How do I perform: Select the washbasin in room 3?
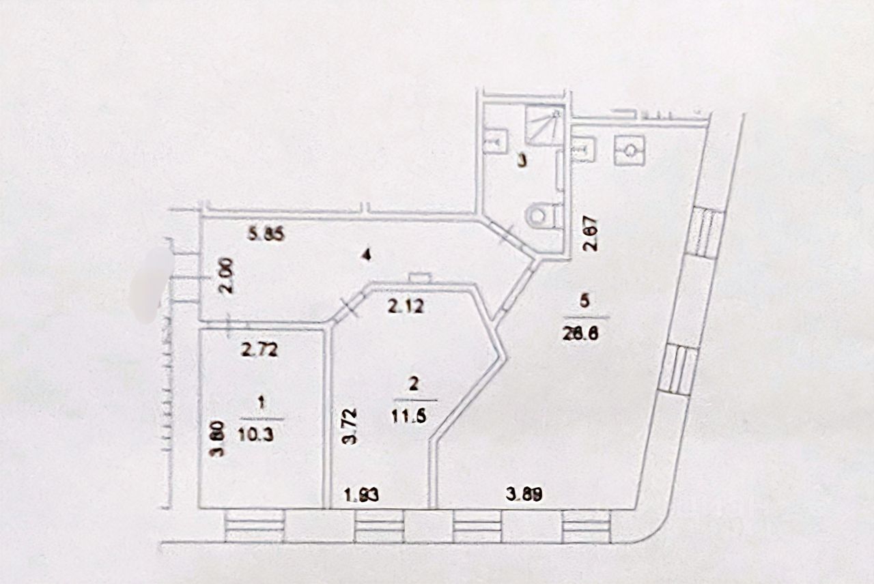pyautogui.click(x=494, y=143)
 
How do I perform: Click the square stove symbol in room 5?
pyautogui.click(x=629, y=149)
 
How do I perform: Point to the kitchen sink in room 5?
pyautogui.click(x=583, y=149)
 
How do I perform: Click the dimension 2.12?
pyautogui.click(x=406, y=306)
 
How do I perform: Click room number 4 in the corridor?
pyautogui.click(x=367, y=256)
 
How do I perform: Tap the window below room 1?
pyautogui.click(x=254, y=526)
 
